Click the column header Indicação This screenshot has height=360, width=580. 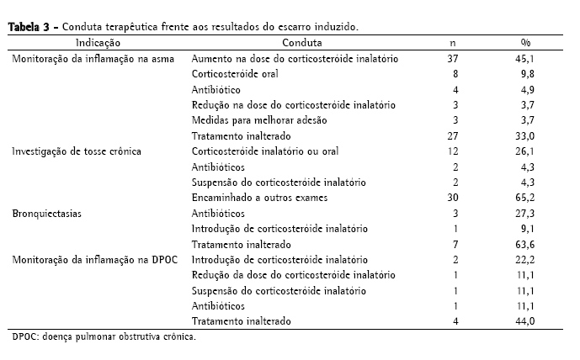tap(98, 42)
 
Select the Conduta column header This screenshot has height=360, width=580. tap(300, 42)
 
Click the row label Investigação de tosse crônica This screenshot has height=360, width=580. tap(76, 151)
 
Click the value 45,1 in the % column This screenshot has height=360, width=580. tap(526, 59)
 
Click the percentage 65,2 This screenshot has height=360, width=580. tap(526, 198)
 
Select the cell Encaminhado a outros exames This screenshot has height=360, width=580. tap(259, 198)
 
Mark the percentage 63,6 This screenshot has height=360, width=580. tap(526, 244)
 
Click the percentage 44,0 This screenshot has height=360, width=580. tap(526, 321)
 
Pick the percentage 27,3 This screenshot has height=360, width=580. tap(526, 214)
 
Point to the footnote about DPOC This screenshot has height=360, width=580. tap(104, 338)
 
